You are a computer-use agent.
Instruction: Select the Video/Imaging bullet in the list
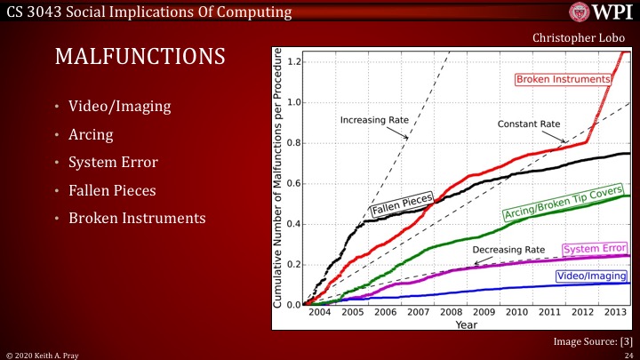(x=120, y=108)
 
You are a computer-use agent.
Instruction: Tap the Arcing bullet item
(x=94, y=135)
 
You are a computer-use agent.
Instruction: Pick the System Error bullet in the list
(x=113, y=163)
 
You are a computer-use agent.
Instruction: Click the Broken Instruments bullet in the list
(x=137, y=218)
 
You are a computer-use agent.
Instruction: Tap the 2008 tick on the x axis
(x=451, y=313)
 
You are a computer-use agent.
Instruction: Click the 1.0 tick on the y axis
(x=292, y=102)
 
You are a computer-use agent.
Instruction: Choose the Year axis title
(x=467, y=325)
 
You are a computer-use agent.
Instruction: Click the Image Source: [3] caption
(x=591, y=340)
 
